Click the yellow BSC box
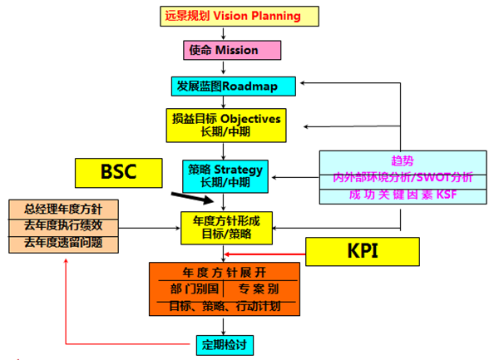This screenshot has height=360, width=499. [118, 172]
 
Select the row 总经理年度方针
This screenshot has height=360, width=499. [64, 209]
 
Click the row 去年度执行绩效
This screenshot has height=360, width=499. [64, 226]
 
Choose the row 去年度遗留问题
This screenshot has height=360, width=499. [64, 243]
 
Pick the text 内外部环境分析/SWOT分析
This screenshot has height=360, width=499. [403, 177]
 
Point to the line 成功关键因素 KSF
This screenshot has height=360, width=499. [403, 195]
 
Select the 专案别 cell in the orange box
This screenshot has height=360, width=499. [262, 289]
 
